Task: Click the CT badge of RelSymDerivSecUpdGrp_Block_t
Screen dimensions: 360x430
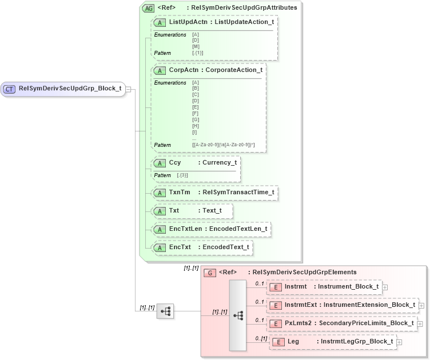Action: tap(10, 89)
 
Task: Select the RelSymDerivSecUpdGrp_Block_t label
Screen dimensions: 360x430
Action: tap(70, 89)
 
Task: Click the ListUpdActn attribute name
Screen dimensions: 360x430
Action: tap(188, 22)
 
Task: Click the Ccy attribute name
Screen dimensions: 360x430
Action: tap(175, 162)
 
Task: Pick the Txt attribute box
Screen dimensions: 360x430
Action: tap(192, 210)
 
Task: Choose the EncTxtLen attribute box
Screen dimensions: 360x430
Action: tap(211, 229)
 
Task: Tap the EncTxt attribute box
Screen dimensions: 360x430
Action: tap(202, 247)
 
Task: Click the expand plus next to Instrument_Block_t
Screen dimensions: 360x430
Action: tap(385, 287)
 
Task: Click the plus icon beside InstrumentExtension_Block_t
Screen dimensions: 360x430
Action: tap(421, 305)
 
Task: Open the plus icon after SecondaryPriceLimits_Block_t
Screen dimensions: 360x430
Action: tap(420, 323)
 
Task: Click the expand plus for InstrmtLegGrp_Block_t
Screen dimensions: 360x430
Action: tap(399, 342)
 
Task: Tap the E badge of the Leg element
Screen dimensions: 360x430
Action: tap(278, 342)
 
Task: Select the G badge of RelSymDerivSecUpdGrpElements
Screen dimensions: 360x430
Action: tap(210, 273)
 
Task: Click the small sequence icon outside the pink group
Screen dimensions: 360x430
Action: tap(165, 311)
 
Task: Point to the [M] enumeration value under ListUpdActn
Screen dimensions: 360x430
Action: tap(196, 46)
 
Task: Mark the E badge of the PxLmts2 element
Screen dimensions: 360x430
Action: tap(276, 323)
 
